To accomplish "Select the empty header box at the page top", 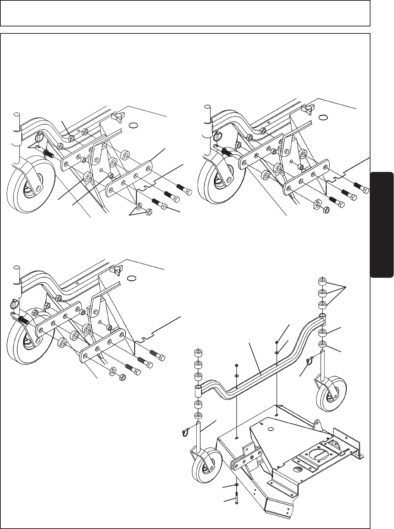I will pyautogui.click(x=185, y=13).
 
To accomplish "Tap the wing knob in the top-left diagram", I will pyautogui.click(x=116, y=117).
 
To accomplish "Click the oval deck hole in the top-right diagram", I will pyautogui.click(x=323, y=118).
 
